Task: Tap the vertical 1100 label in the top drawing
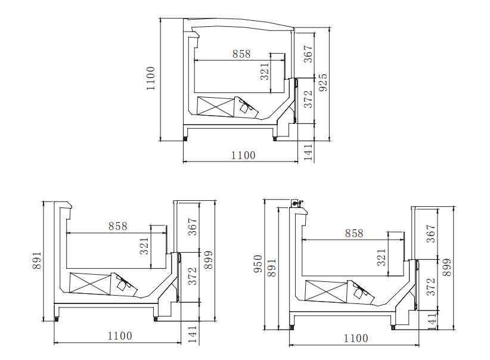click(x=151, y=78)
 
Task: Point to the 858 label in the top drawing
click(x=241, y=54)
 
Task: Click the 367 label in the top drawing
click(x=308, y=54)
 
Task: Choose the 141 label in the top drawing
click(x=308, y=152)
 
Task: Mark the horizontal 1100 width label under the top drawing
click(x=243, y=156)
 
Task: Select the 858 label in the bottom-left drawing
click(x=118, y=226)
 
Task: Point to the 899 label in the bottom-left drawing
click(x=208, y=260)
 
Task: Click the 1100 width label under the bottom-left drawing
click(x=120, y=336)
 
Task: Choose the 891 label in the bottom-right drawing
click(x=272, y=268)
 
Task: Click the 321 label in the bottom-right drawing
click(x=382, y=257)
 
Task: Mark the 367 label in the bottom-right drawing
click(x=432, y=233)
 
